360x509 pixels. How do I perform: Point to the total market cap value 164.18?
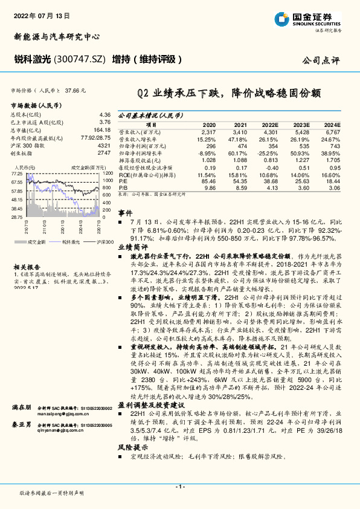[x=102, y=129]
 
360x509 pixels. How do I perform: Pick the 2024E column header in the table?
[x=333, y=123]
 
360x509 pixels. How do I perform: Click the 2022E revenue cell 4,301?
[x=269, y=131]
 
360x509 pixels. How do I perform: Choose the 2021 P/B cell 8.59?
[x=240, y=188]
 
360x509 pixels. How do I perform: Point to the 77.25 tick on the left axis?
[x=18, y=173]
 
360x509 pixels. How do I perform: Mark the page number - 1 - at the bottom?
[x=180, y=486]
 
